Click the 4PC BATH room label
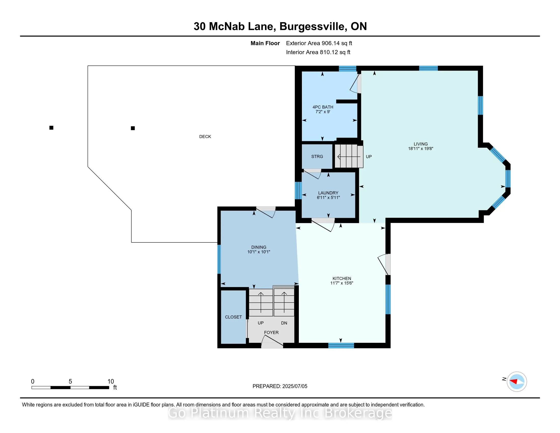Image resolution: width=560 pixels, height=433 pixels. (323, 107)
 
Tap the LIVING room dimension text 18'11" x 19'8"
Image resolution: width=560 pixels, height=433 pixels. (421, 148)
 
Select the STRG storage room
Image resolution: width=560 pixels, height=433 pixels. (317, 156)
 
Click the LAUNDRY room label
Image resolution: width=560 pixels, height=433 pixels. (328, 193)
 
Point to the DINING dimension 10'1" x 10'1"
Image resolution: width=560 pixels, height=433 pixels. (259, 252)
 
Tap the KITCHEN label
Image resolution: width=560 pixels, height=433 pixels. (342, 278)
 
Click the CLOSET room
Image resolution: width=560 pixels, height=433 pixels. (233, 317)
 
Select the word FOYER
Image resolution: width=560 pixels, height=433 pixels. (271, 332)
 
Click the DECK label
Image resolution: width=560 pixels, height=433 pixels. (205, 137)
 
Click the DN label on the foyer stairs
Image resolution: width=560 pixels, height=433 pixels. (284, 323)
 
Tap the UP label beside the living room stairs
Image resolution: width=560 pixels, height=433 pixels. (369, 156)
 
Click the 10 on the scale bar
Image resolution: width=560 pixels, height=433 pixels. (110, 382)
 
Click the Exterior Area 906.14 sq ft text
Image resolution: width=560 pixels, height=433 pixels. (319, 43)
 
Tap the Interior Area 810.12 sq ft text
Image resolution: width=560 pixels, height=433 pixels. (318, 52)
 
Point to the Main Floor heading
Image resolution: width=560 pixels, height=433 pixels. (265, 43)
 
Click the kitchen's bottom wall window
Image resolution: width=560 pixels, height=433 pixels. (341, 346)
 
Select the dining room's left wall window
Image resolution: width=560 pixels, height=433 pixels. (219, 259)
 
